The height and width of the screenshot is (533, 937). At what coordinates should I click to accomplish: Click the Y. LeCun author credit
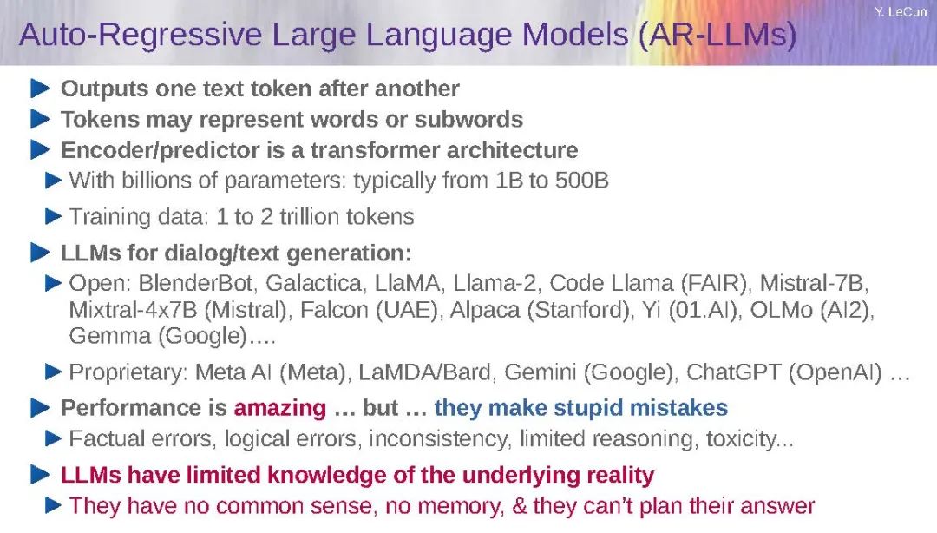click(901, 12)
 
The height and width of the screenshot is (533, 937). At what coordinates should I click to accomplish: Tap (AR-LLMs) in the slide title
click(717, 36)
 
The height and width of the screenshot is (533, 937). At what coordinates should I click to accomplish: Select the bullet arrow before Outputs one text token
click(41, 89)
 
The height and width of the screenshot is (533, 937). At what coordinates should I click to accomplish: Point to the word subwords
click(468, 120)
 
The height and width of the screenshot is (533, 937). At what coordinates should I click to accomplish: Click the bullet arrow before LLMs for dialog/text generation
click(41, 253)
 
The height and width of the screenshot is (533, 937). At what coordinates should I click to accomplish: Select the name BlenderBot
click(198, 283)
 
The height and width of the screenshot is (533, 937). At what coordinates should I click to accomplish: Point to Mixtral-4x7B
click(133, 310)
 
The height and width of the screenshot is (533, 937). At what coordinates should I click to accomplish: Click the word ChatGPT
click(733, 372)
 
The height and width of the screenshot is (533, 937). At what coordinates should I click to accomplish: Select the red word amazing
click(279, 408)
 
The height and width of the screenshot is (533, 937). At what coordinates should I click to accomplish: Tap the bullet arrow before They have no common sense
click(53, 506)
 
